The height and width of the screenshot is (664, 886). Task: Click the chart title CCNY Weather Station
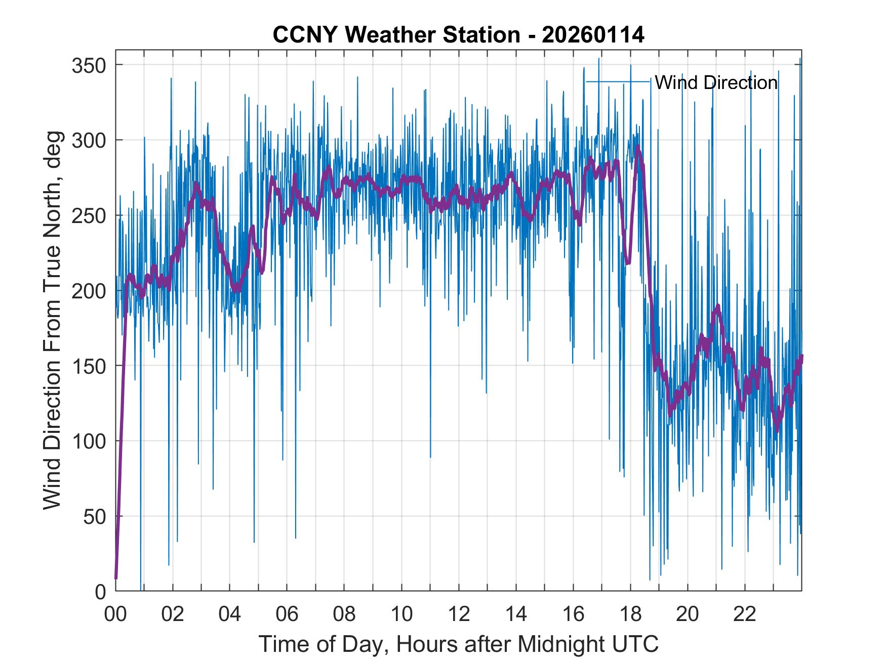[458, 35]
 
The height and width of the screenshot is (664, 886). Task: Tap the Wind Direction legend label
[716, 82]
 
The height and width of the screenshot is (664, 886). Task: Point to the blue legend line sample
[618, 81]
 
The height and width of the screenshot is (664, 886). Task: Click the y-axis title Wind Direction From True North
[52, 320]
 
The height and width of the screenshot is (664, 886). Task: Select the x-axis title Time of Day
[458, 644]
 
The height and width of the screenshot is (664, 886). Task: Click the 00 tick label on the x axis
[115, 614]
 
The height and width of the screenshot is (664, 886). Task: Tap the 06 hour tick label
[287, 614]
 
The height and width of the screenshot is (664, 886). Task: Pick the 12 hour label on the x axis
[459, 614]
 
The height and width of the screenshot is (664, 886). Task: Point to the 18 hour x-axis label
[630, 614]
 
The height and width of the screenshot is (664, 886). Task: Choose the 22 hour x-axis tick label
[745, 614]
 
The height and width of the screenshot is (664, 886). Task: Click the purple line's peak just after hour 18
[638, 147]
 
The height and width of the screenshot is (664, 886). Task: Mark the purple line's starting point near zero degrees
[116, 578]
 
